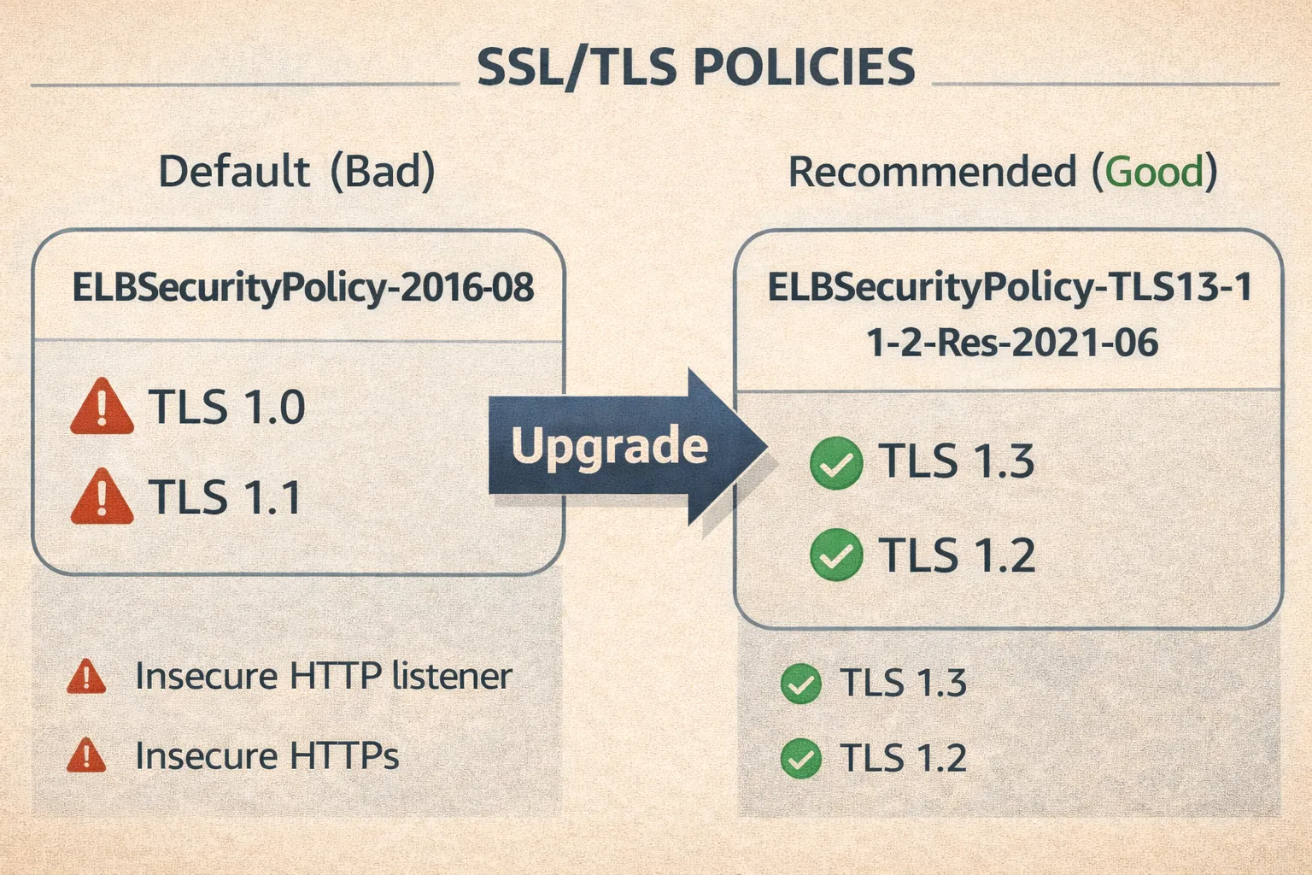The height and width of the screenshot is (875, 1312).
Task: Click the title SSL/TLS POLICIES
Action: coord(695,67)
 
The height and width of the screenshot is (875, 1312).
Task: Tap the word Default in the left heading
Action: coord(233,171)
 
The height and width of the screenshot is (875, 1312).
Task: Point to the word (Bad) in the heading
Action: coord(383,171)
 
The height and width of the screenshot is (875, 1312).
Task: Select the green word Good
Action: coord(1154,172)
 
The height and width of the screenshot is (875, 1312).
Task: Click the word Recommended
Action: coord(932,172)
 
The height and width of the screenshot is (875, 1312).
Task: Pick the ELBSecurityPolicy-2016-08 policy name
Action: coord(302,287)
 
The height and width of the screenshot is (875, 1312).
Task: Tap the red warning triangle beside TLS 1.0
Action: coord(102,408)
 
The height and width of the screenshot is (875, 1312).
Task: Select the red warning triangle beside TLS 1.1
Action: coord(102,498)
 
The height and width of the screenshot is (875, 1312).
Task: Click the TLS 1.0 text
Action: coord(227,407)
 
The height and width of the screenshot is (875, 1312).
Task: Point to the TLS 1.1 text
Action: coord(225,497)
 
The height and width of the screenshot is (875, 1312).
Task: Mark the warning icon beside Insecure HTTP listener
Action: coord(86,677)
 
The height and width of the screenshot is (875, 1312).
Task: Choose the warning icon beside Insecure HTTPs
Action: coord(86,756)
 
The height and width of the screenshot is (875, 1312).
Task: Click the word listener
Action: coord(452,676)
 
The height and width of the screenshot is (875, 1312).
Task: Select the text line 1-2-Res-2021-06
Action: coord(1011,343)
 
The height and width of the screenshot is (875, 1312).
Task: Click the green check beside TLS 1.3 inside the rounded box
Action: coord(835,463)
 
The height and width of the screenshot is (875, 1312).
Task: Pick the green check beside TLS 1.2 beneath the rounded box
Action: coord(801,759)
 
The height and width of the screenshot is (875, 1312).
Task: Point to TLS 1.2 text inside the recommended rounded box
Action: coord(957,555)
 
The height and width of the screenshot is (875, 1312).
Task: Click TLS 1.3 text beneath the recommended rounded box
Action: coord(903,683)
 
